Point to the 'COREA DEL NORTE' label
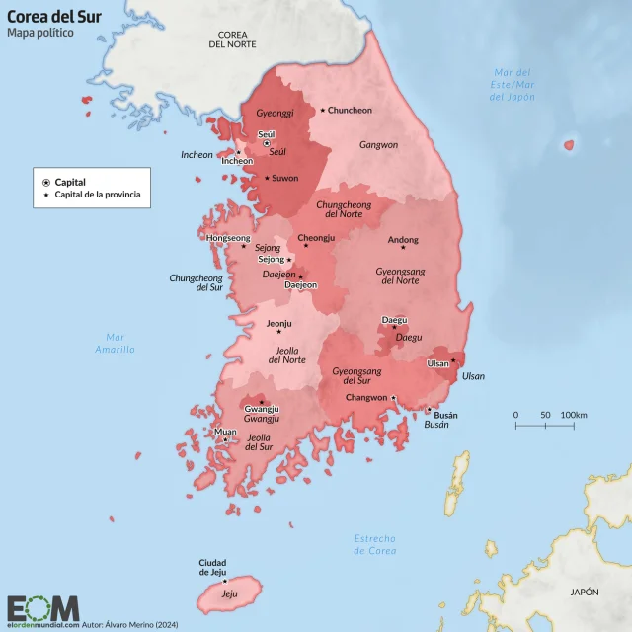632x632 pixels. (232, 39)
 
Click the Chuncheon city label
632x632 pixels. (350, 110)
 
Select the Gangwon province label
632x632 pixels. (378, 144)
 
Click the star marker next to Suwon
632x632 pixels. (266, 179)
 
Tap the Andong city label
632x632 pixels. (403, 240)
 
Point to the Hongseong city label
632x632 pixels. (228, 239)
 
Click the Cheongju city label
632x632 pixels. (316, 238)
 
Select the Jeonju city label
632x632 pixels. (280, 323)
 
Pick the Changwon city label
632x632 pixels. (365, 398)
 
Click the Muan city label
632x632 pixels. (225, 432)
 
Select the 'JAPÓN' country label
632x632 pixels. (584, 592)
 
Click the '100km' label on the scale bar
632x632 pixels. (574, 414)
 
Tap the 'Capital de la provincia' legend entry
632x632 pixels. (97, 195)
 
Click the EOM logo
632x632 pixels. (42, 607)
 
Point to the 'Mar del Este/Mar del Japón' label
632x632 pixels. (513, 85)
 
